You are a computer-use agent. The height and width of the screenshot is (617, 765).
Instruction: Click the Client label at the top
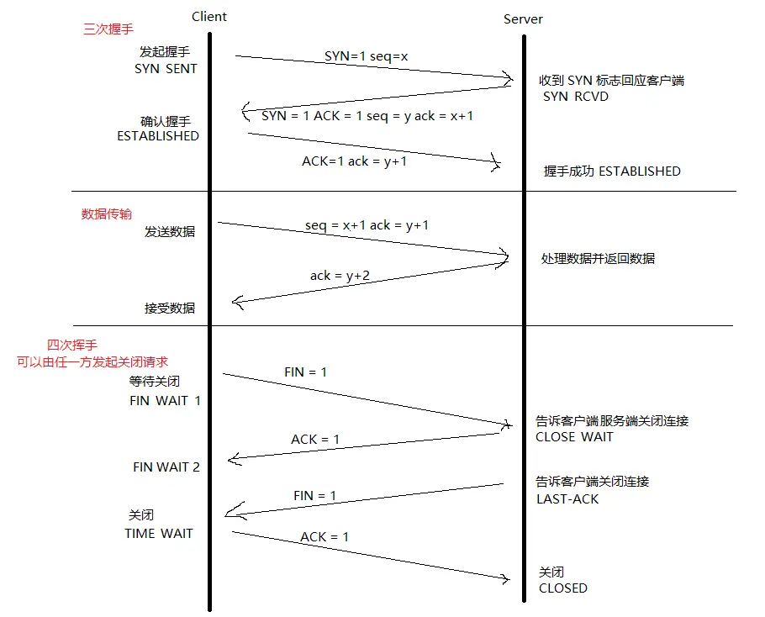209,16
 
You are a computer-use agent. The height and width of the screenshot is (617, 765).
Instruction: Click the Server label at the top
523,18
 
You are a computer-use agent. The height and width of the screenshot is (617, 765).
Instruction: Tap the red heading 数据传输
106,214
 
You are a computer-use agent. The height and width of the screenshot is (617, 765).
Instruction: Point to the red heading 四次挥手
72,345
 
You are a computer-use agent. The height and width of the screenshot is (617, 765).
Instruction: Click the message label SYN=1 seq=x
366,56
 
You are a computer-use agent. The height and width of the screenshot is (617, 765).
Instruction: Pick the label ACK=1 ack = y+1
354,161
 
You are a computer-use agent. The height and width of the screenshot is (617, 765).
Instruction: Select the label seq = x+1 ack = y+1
368,225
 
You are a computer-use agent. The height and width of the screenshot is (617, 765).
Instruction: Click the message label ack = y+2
340,276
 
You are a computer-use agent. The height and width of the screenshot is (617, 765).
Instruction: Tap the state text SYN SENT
166,69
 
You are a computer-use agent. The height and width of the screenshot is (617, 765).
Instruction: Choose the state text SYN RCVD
576,97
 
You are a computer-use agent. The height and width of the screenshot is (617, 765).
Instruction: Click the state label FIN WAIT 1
165,401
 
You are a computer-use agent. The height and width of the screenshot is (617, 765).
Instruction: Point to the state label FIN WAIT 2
166,467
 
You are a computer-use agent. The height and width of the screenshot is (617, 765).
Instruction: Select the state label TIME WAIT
159,533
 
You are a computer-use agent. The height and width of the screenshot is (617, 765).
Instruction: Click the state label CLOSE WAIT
574,437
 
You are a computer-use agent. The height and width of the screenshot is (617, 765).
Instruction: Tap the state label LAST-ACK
567,499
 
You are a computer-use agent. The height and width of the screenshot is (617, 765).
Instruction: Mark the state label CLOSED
563,588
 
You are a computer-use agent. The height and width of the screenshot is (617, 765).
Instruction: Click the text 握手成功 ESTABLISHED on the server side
612,171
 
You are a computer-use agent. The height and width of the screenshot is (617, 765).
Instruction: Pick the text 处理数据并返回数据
598,259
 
